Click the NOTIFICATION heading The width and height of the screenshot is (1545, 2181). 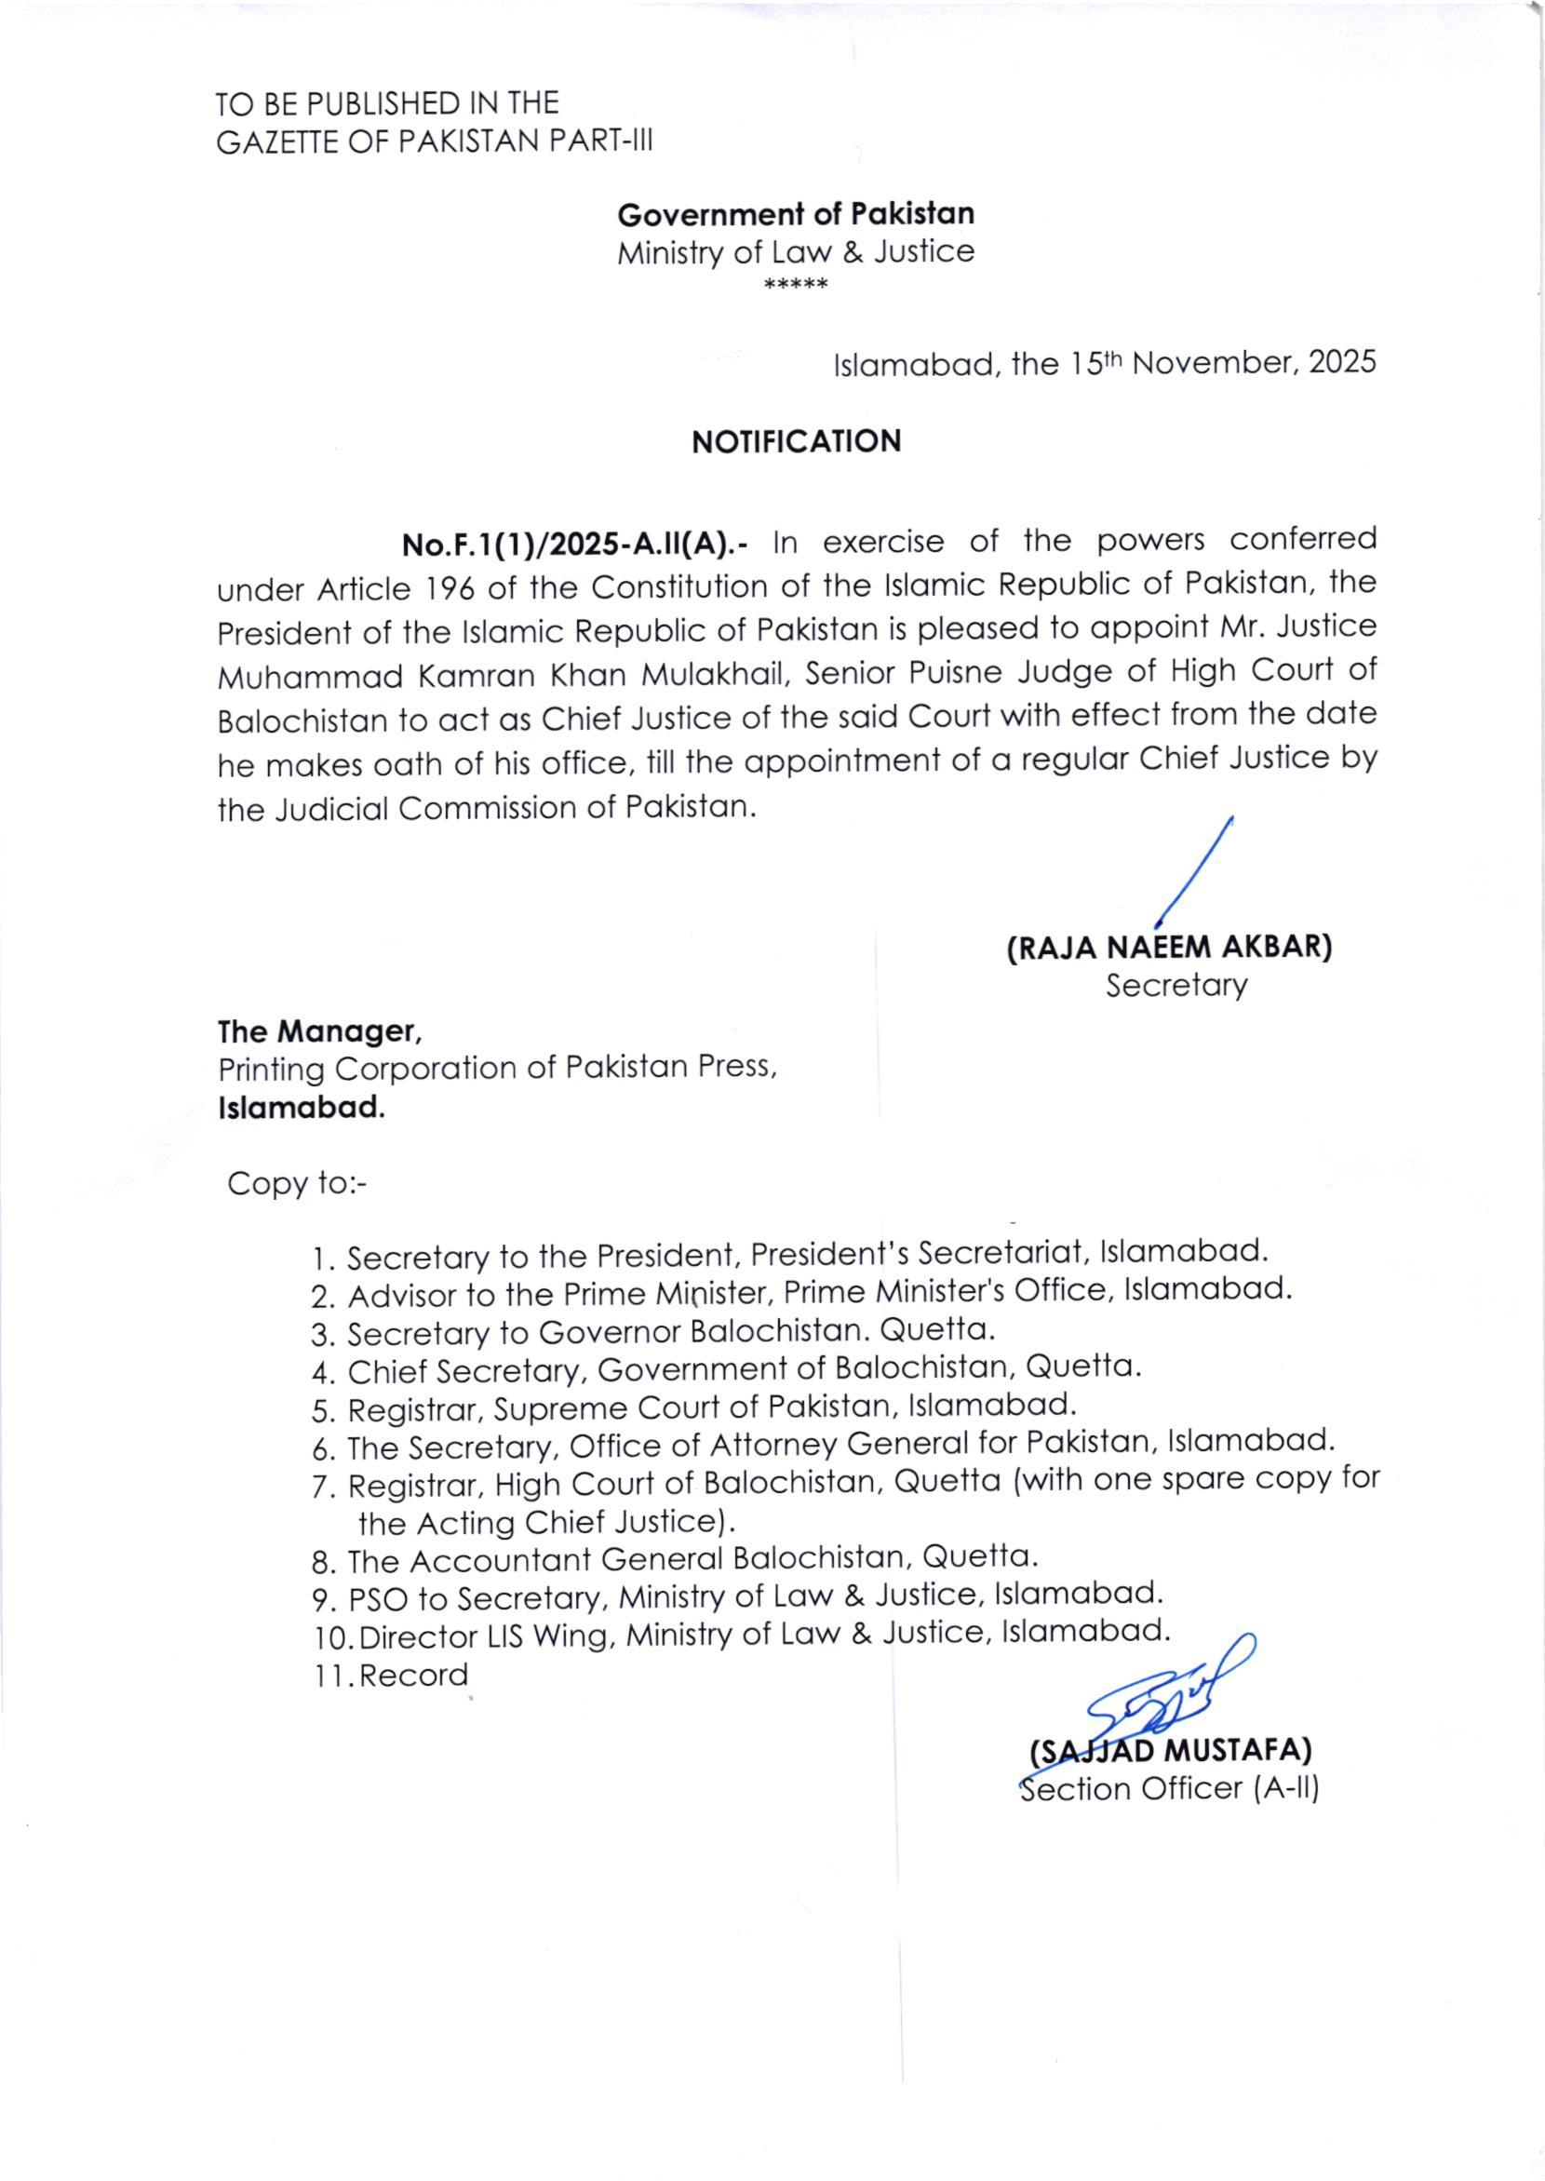[796, 442]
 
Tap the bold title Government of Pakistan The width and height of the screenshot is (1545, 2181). [796, 214]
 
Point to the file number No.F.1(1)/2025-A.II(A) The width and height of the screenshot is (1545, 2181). [574, 545]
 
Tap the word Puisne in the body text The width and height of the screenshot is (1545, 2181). [953, 674]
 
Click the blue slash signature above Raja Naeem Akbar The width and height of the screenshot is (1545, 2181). [1196, 871]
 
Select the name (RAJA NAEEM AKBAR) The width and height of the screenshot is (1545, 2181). [1169, 948]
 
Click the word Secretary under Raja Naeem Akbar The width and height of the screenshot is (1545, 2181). [1175, 986]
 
